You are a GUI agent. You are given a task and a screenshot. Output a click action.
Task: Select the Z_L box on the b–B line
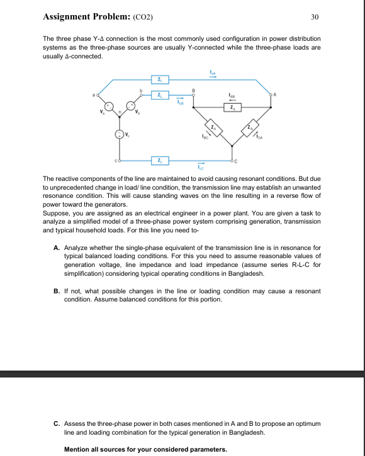point(162,95)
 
